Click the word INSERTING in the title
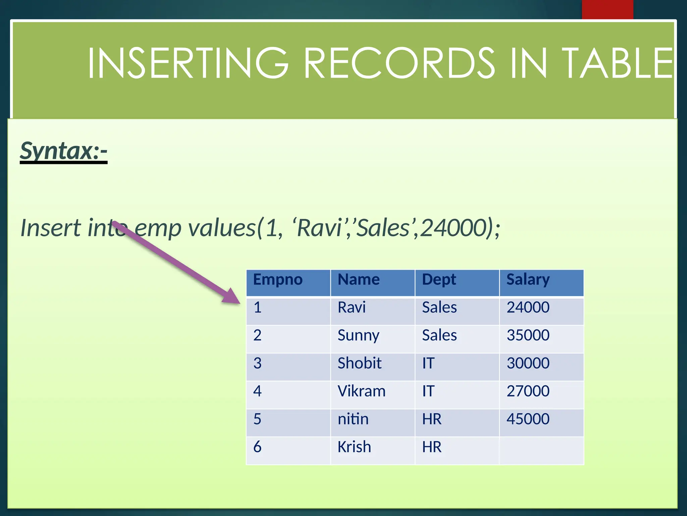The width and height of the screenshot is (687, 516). [188, 63]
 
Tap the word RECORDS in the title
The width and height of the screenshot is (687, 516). [399, 63]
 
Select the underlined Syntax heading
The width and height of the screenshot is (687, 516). [63, 151]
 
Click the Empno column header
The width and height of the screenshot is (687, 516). [278, 279]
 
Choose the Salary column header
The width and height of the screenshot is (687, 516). [528, 279]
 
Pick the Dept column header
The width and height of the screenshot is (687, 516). [439, 279]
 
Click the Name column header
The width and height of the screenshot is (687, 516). [359, 279]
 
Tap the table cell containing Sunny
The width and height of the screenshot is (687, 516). [358, 336]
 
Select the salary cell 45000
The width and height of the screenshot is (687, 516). [528, 419]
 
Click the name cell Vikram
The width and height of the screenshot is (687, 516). [361, 391]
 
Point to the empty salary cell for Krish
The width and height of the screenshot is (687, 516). [541, 450]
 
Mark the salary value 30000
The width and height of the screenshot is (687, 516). [528, 363]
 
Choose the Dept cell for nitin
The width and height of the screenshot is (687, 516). [432, 419]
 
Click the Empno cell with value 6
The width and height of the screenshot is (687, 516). [257, 447]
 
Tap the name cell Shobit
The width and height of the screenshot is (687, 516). [359, 363]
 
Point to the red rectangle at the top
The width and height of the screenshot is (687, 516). [607, 9]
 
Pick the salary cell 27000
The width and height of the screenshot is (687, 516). [528, 391]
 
